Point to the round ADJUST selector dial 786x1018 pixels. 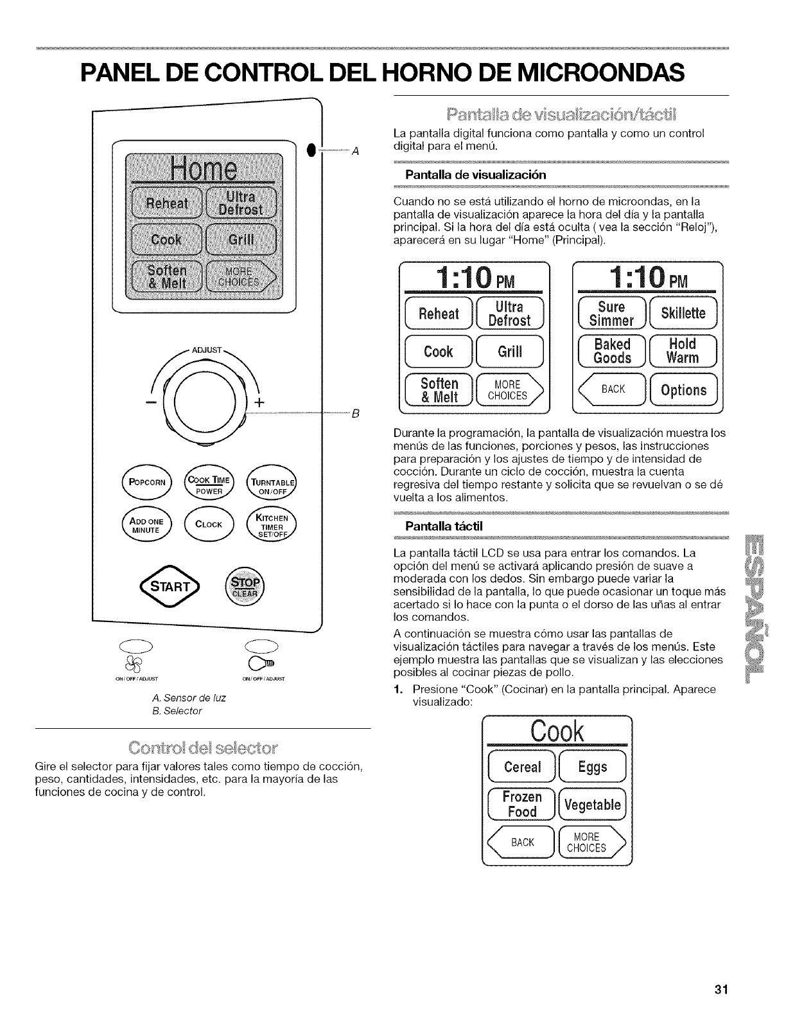coord(205,404)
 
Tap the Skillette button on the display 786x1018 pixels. coord(685,313)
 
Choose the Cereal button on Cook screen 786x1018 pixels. coord(523,767)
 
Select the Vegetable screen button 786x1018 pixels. coord(594,805)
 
